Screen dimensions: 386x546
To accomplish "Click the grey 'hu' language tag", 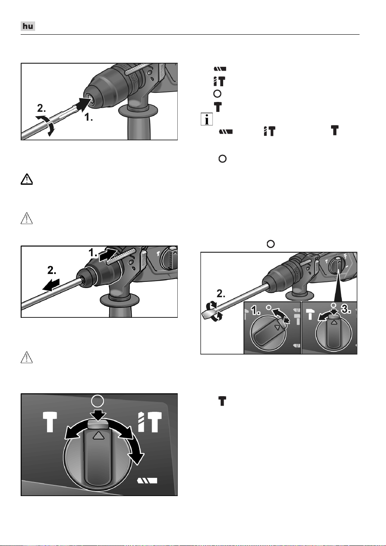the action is coord(28,26).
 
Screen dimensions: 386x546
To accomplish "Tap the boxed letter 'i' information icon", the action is coord(207,119).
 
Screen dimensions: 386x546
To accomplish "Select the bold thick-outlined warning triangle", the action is coord(26,179).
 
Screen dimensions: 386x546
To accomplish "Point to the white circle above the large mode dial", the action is coord(98,401).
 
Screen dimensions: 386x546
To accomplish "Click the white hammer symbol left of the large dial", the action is coord(50,422).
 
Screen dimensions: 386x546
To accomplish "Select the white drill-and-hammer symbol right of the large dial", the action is coord(150,422).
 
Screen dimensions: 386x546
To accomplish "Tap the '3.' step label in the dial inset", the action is coord(346,310).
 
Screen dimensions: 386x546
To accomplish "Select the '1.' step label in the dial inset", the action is coord(256,311).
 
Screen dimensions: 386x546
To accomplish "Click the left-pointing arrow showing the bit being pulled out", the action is coord(51,285).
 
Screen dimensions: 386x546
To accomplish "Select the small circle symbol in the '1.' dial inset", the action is coord(269,307).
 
